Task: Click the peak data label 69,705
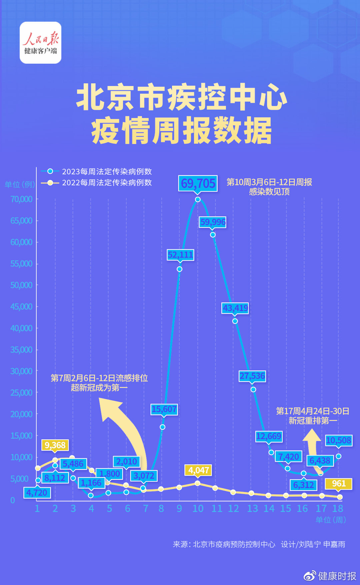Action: pyautogui.click(x=198, y=183)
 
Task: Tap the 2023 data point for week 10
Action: pyautogui.click(x=198, y=199)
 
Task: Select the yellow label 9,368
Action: pyautogui.click(x=55, y=445)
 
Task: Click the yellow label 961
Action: pyautogui.click(x=339, y=484)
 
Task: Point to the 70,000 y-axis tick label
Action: pyautogui.click(x=21, y=199)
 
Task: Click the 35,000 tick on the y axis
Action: pyautogui.click(x=21, y=350)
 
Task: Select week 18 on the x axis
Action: pyautogui.click(x=338, y=508)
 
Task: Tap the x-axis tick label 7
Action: pyautogui.click(x=145, y=508)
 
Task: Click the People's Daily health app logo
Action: pyautogui.click(x=40, y=43)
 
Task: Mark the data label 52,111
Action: pyautogui.click(x=180, y=255)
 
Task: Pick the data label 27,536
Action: pyautogui.click(x=252, y=376)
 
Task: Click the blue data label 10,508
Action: pyautogui.click(x=339, y=440)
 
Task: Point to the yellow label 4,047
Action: pyautogui.click(x=199, y=470)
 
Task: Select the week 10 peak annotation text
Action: pyautogui.click(x=269, y=187)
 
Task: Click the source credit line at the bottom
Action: pyautogui.click(x=259, y=544)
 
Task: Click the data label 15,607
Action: pyautogui.click(x=164, y=409)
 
